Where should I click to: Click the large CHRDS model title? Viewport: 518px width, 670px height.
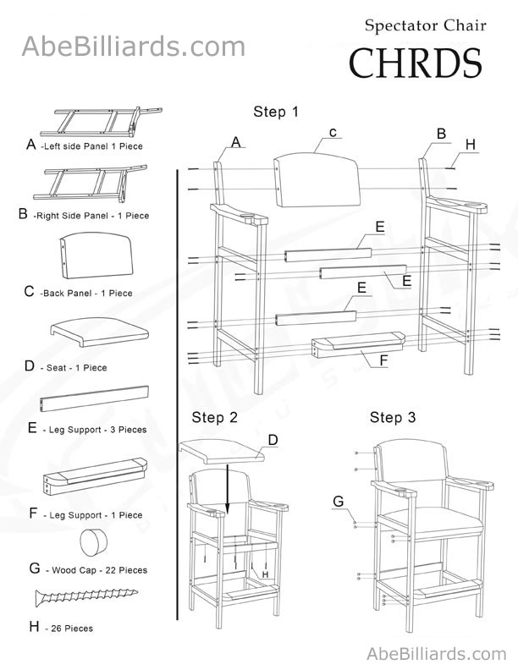416,63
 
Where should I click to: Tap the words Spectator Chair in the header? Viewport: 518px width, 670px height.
425,25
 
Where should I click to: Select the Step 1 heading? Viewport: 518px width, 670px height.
276,111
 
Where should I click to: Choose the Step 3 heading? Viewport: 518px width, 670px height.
393,417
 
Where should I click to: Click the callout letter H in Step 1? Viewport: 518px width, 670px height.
471,145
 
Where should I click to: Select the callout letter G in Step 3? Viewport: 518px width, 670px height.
338,501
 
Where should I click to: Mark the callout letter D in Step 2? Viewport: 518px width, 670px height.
273,439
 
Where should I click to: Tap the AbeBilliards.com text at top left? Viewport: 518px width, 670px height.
133,46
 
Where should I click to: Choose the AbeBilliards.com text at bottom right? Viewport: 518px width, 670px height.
437,653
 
